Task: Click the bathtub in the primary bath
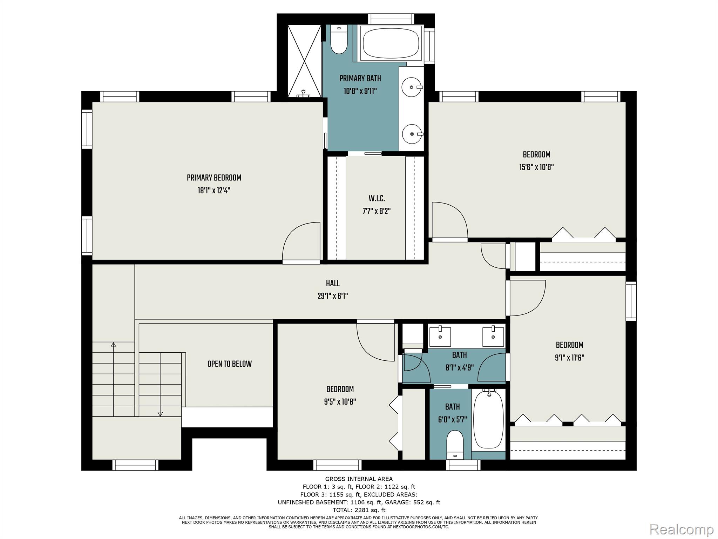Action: click(x=391, y=44)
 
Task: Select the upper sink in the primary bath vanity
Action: click(x=412, y=87)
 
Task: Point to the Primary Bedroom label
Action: click(x=214, y=178)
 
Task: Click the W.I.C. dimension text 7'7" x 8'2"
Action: click(x=377, y=211)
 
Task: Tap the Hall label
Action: click(x=333, y=284)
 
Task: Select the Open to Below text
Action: click(x=230, y=364)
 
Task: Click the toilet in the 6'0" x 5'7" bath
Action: click(x=455, y=444)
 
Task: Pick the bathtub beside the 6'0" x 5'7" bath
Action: click(x=489, y=419)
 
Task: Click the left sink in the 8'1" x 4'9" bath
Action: click(x=440, y=336)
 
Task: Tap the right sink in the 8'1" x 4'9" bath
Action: click(x=493, y=336)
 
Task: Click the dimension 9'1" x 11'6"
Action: click(x=569, y=358)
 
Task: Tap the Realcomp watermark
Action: click(x=682, y=529)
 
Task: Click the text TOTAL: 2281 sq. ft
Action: click(x=359, y=510)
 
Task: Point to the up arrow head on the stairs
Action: click(x=113, y=345)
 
